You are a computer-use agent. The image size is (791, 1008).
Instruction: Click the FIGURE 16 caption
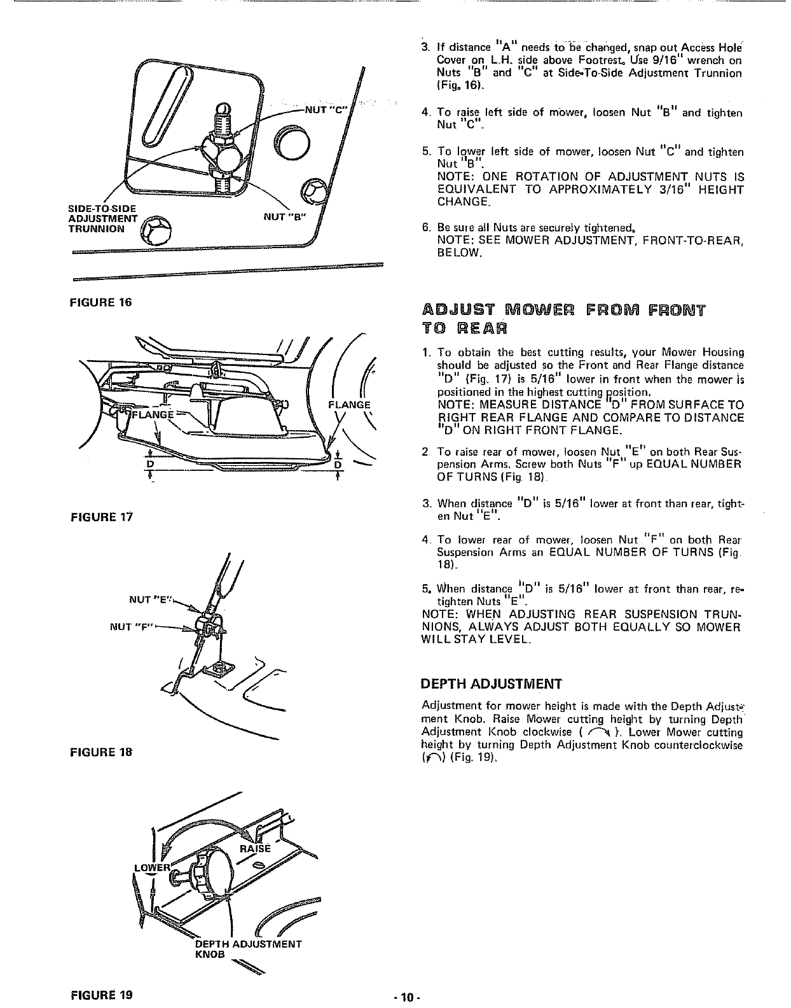coord(100,302)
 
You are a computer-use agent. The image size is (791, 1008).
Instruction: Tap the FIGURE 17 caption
coord(100,516)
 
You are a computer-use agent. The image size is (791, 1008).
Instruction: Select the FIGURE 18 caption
coord(100,752)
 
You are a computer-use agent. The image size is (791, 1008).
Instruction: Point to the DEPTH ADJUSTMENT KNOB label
coord(249,948)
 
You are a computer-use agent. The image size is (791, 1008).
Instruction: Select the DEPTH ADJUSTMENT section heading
coord(492,685)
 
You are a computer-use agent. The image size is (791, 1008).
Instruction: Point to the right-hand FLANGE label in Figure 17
coord(349,404)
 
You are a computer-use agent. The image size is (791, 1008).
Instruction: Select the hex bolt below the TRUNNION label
coord(155,232)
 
